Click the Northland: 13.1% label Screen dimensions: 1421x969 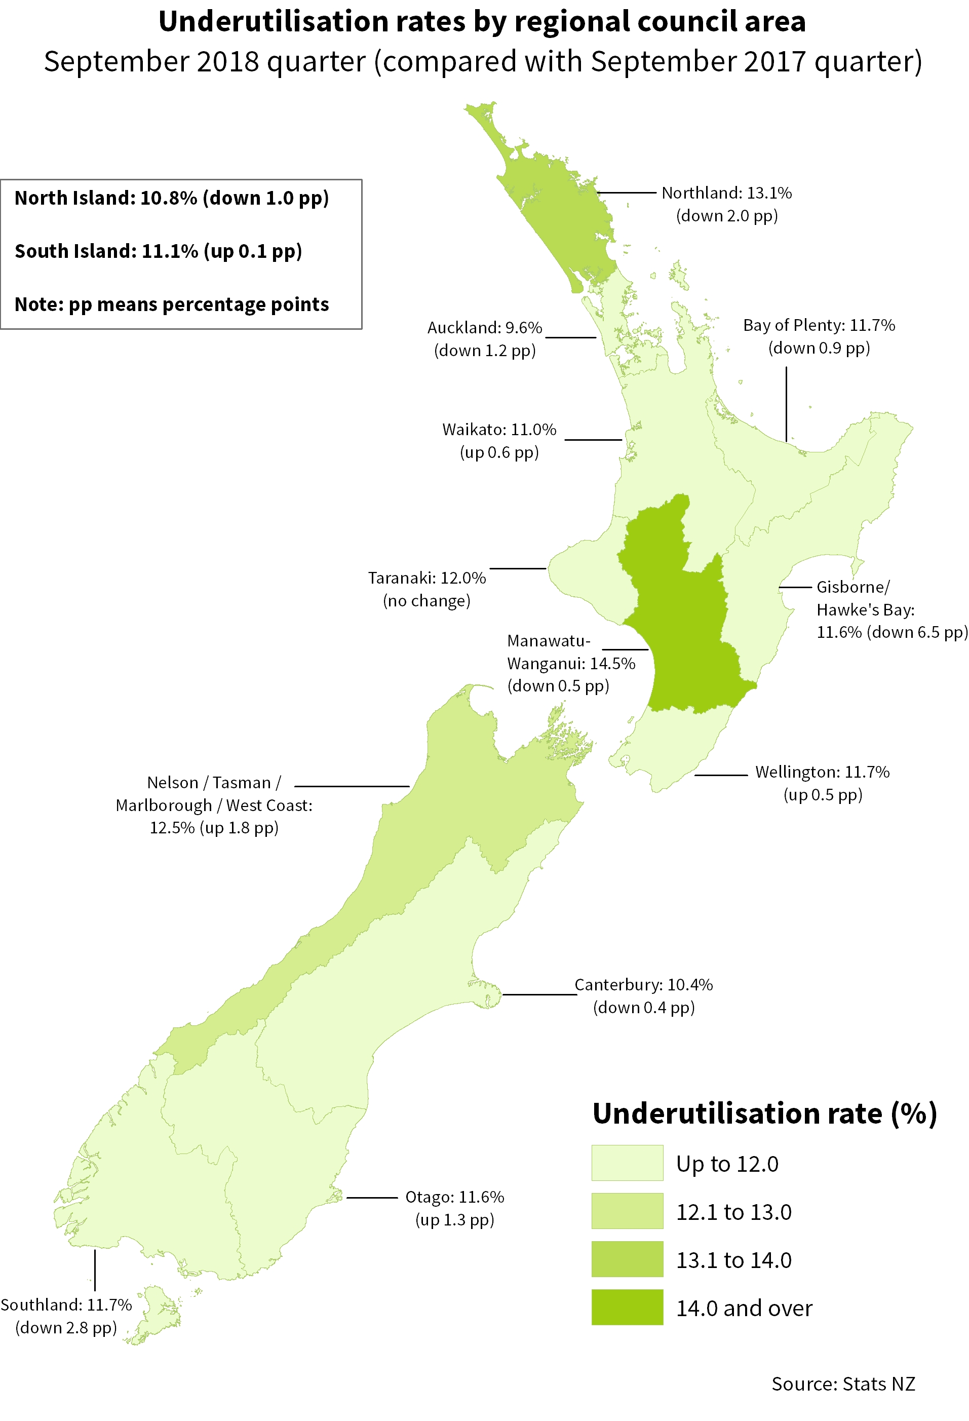click(726, 193)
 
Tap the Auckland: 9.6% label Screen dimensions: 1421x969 click(484, 328)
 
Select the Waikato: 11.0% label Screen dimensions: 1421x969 click(499, 430)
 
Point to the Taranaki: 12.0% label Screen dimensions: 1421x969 click(427, 579)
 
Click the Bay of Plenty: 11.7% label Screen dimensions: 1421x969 click(819, 325)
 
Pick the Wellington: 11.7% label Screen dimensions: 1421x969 click(822, 772)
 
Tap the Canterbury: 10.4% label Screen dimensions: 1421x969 click(643, 985)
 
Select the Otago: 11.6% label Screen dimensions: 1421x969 click(454, 1197)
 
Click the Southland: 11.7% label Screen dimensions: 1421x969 click(66, 1305)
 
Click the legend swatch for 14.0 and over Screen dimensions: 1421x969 click(627, 1308)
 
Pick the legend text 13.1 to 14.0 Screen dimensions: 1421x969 click(733, 1260)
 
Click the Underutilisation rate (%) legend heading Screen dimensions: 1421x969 click(764, 1113)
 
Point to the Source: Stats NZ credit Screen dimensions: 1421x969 click(842, 1384)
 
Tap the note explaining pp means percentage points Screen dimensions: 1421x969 click(172, 304)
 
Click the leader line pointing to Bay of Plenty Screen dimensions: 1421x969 click(786, 404)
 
